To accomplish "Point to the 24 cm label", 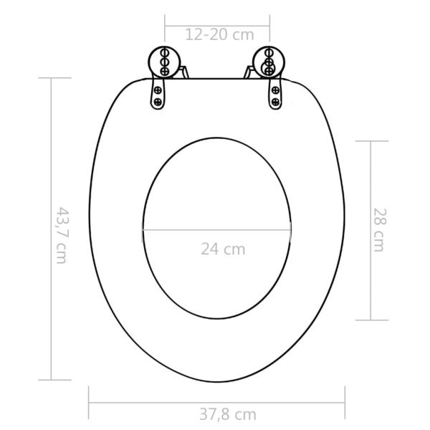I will click(222, 249).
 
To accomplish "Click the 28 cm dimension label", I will click(379, 229).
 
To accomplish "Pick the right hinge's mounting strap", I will click(274, 91).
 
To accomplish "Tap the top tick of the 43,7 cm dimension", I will click(50, 78).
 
